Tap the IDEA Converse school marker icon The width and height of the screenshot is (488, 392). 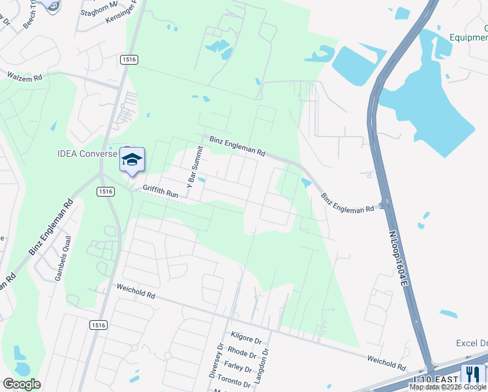tap(132, 160)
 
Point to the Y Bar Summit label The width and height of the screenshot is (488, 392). tap(194, 167)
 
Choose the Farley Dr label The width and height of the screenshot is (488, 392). tap(238, 365)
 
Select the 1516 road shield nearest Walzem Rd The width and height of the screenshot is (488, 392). tap(129, 59)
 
